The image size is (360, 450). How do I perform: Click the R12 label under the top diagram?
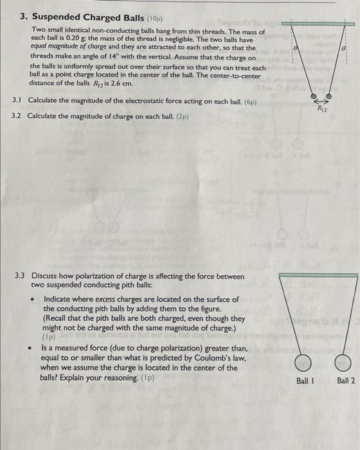(x=322, y=109)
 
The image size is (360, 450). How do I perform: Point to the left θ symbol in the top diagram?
(x=295, y=48)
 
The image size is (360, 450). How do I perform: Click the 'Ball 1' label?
(x=306, y=381)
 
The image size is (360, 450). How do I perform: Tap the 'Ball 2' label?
(x=346, y=381)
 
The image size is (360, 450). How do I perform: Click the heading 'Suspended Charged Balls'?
(x=82, y=17)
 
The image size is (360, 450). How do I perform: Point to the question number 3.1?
(x=18, y=102)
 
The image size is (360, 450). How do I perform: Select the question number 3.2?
(x=18, y=116)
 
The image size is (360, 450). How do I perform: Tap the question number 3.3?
(x=21, y=276)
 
